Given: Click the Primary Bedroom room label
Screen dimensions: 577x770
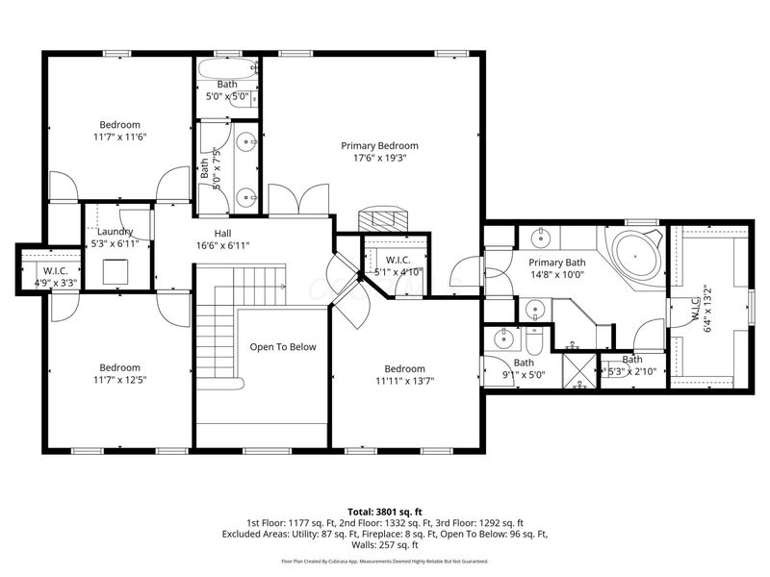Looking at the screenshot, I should (x=379, y=145).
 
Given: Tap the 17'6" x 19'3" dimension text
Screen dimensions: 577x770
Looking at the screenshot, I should (x=379, y=158).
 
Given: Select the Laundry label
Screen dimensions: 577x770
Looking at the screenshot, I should (x=115, y=232).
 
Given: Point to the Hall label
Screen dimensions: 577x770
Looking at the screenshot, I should (x=222, y=232).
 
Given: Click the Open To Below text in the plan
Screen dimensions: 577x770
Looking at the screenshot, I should (x=283, y=347).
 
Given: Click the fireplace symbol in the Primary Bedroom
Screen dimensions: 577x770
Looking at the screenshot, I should (x=382, y=219).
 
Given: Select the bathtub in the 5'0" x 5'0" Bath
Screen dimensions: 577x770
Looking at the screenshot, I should (x=226, y=69).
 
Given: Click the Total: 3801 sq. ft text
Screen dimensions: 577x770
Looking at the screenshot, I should (x=385, y=511).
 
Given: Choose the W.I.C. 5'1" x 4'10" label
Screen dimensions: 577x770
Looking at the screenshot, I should (x=397, y=265).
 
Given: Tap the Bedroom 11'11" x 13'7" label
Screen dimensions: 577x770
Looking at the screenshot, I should (x=404, y=374).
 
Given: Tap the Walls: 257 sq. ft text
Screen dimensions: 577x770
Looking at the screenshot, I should (x=385, y=545).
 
